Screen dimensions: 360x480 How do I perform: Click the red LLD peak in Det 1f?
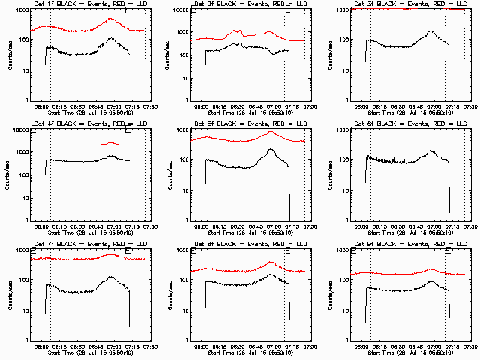[x=112, y=18]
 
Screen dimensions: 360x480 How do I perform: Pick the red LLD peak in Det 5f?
[x=271, y=132]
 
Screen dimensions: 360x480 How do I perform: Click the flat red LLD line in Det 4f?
[x=75, y=145]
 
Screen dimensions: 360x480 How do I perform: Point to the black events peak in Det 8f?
[x=271, y=274]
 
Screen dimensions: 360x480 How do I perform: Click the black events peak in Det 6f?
[x=431, y=151]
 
